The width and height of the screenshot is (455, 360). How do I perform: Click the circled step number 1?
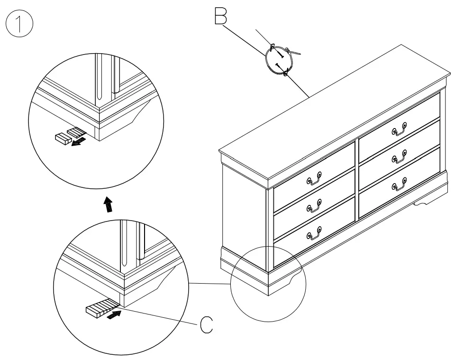[19, 25]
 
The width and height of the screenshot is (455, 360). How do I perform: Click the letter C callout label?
[206, 325]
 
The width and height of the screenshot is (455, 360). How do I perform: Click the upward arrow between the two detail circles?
[109, 204]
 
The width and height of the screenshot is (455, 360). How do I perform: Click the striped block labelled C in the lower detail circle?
[98, 309]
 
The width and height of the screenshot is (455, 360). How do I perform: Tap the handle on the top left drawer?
[314, 178]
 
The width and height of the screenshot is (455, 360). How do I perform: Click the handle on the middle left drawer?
[314, 206]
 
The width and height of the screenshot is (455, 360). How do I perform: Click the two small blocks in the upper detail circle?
[69, 135]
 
